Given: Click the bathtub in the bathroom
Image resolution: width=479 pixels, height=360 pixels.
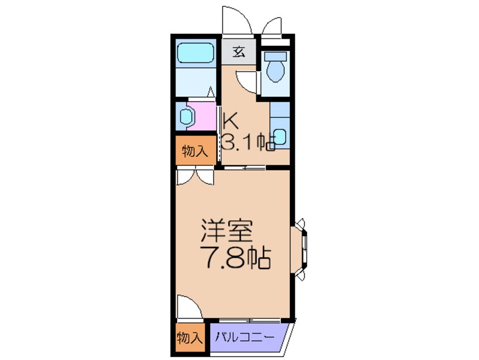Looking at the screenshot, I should click(194, 53).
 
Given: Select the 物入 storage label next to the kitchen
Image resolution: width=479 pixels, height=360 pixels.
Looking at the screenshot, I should click(194, 151).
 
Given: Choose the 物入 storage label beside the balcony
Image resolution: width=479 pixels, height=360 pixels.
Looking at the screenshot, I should click(189, 338).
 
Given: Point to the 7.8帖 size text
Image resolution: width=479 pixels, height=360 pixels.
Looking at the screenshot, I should click(234, 258).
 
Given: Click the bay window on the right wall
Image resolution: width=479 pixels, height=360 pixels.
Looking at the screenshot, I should click(301, 249).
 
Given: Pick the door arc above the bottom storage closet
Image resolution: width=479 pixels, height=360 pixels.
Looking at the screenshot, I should click(188, 308).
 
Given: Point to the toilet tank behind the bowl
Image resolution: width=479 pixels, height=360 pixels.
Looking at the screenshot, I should click(276, 56).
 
